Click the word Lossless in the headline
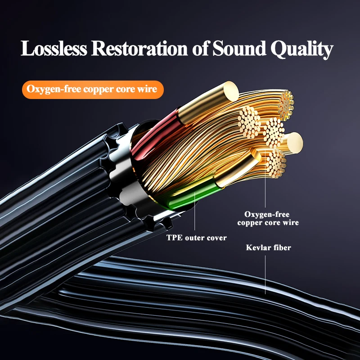pos(54,49)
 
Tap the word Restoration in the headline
pos(139,49)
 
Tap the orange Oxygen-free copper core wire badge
pos(92,89)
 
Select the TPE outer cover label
pos(197,238)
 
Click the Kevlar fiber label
pos(269,247)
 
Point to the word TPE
pos(174,238)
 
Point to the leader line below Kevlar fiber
pos(265,274)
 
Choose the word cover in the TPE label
pos(217,238)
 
